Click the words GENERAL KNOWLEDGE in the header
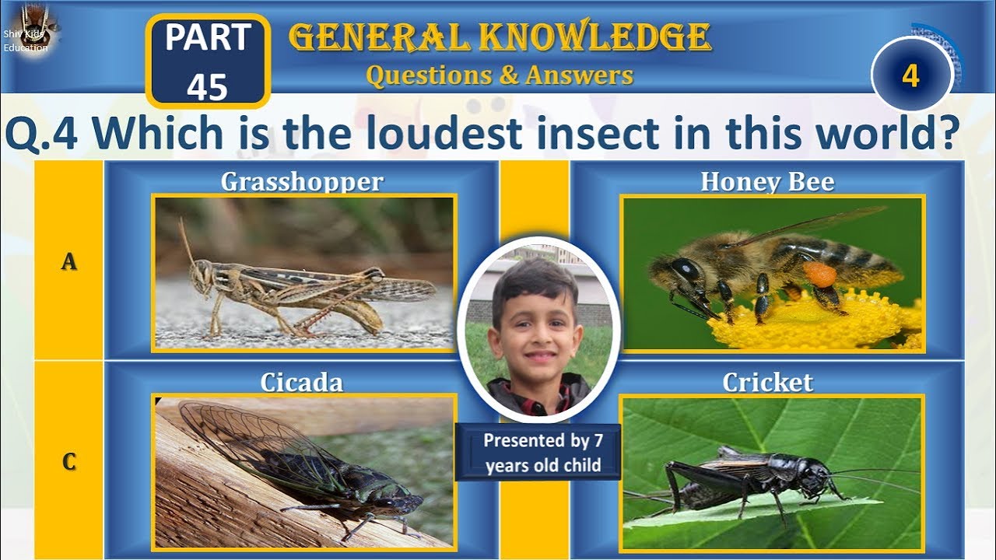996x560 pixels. point(500,37)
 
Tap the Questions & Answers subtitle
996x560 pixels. point(500,75)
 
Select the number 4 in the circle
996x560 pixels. point(911,75)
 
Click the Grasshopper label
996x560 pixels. point(302,181)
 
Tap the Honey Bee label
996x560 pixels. point(767,181)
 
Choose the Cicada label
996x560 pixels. point(302,382)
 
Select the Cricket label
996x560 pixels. point(767,382)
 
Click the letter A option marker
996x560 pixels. point(69,262)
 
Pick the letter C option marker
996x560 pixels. point(69,462)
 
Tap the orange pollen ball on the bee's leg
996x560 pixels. point(819,274)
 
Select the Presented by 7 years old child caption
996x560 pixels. point(542,453)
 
